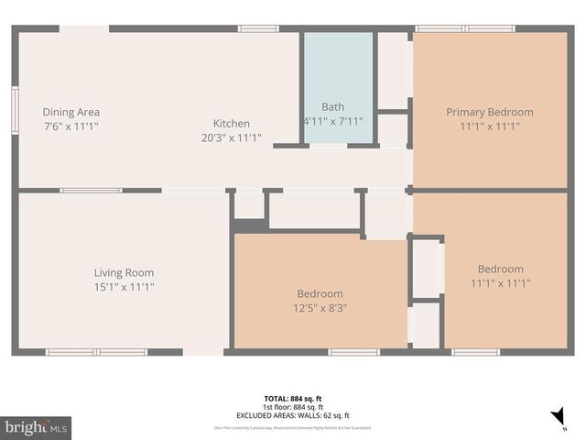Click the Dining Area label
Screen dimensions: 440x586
click(x=71, y=112)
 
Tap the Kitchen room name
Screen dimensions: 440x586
click(x=232, y=124)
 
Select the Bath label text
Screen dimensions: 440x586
click(x=332, y=107)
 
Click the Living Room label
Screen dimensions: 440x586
click(x=124, y=272)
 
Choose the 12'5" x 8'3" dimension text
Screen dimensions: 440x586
click(x=320, y=308)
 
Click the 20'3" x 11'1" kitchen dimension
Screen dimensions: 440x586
click(x=232, y=137)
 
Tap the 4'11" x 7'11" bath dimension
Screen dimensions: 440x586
click(x=333, y=121)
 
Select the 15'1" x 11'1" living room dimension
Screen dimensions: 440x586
click(x=124, y=287)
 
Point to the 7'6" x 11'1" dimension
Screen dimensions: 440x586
click(x=71, y=126)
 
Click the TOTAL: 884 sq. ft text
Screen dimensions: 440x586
click(x=294, y=398)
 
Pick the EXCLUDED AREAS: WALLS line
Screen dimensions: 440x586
click(x=294, y=414)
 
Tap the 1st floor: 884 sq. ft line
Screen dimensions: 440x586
click(x=294, y=406)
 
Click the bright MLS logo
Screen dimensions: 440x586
click(x=37, y=427)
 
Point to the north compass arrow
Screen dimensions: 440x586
click(x=558, y=418)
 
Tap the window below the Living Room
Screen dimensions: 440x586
click(x=96, y=351)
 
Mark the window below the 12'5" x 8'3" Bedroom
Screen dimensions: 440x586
click(x=353, y=351)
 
